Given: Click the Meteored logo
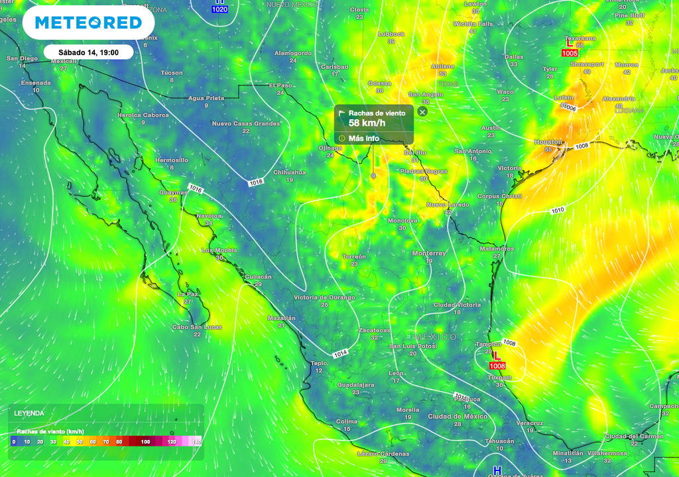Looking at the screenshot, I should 88,23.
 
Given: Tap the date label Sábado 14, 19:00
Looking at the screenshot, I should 89,52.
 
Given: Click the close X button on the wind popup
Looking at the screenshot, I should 422,112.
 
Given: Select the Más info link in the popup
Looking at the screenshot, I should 363,138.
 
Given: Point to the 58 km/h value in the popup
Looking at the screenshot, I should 367,123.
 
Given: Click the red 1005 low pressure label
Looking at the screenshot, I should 570,53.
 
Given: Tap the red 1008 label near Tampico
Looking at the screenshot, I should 498,366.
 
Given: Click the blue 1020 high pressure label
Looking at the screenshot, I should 219,9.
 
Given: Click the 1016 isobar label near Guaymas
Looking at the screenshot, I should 195,189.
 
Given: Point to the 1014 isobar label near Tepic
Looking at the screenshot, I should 340,354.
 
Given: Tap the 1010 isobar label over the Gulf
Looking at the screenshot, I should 558,211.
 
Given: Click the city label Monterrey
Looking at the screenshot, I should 429,253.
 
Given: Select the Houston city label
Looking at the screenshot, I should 548,142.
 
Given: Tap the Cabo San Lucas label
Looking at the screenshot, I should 197,327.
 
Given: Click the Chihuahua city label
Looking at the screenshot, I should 289,172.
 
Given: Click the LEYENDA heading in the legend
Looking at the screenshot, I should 30,413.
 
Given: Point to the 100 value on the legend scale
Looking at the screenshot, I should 145,441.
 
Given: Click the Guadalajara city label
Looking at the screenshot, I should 355,384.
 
